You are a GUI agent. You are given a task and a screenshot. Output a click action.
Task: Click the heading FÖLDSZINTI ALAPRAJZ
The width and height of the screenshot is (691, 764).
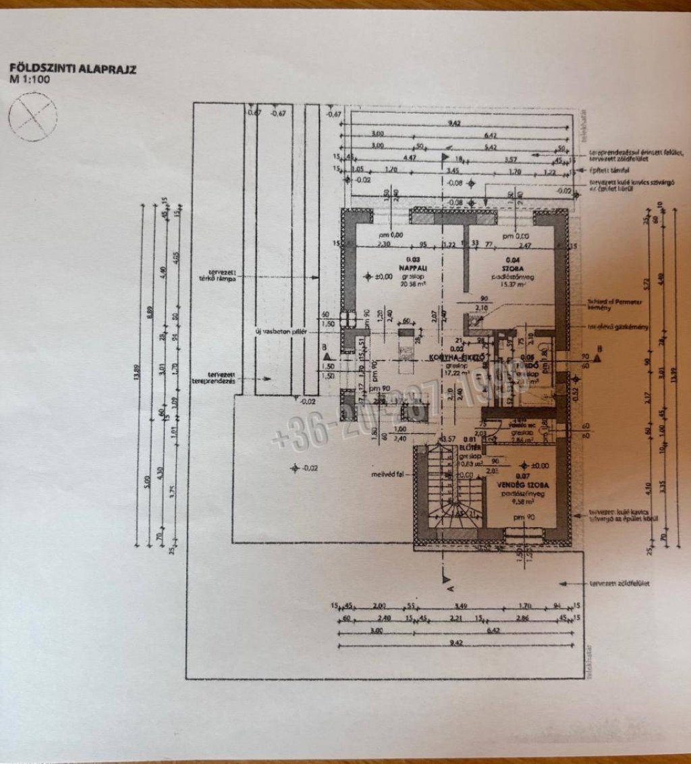coord(73,69)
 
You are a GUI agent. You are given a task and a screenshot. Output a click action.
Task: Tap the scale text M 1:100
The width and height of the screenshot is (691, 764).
coord(29,79)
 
